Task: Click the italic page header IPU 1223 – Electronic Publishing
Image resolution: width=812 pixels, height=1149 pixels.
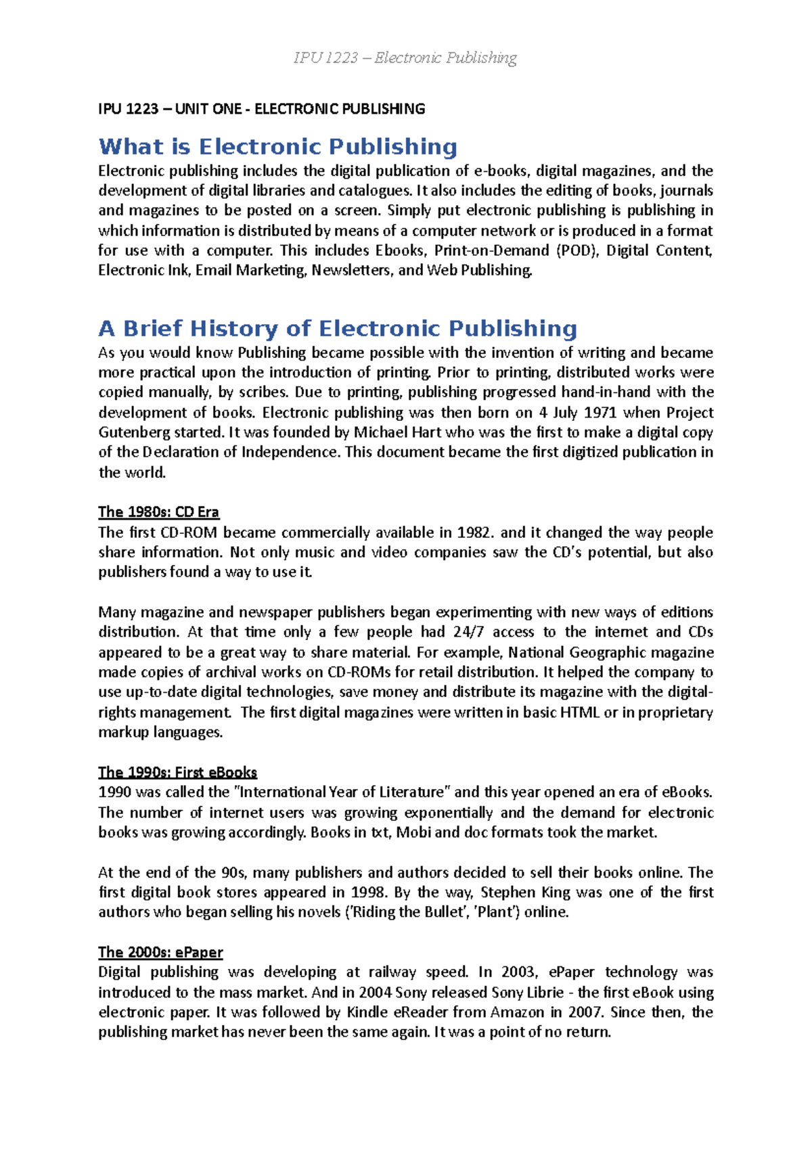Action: tap(405, 58)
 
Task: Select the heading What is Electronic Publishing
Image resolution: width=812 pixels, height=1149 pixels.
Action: tap(277, 147)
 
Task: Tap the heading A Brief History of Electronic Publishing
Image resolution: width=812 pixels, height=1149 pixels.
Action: tap(337, 329)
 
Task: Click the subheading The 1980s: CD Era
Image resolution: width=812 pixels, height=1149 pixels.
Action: tap(158, 512)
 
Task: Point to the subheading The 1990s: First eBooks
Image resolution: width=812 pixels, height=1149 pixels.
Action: tap(177, 772)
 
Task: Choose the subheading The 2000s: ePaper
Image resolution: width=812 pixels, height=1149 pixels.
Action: tap(160, 952)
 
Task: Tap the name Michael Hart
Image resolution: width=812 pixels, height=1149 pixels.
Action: tap(393, 432)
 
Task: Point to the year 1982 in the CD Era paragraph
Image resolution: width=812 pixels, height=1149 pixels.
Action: tap(476, 533)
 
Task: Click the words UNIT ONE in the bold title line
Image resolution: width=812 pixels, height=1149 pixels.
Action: tap(208, 109)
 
